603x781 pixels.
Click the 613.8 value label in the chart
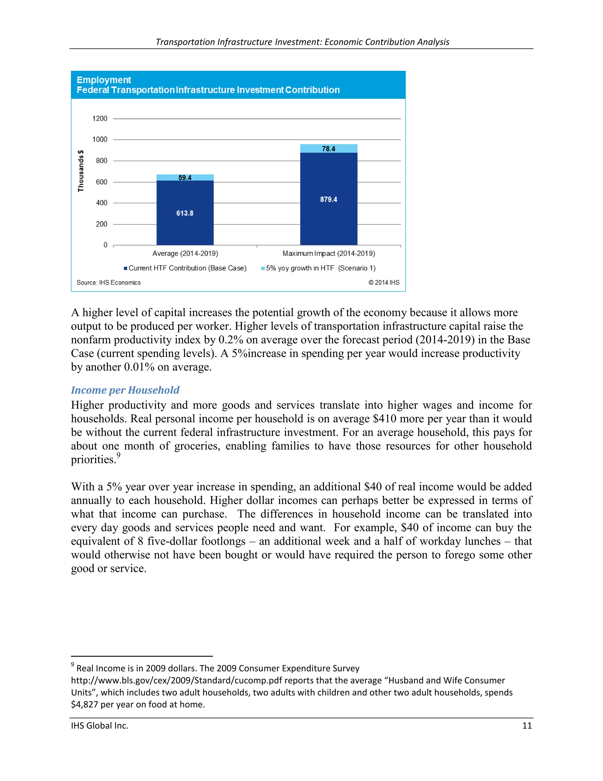point(185,213)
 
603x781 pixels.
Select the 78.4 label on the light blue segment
point(328,149)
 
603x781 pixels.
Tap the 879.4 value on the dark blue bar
point(328,200)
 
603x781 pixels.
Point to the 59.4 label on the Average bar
point(185,178)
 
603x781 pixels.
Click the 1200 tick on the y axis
point(100,118)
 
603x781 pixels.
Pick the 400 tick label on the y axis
point(102,203)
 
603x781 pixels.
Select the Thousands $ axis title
point(81,171)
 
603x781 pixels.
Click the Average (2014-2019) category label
point(185,253)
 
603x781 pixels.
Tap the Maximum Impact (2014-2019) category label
point(329,253)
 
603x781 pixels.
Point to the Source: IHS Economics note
point(109,283)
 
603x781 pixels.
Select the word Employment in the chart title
point(104,80)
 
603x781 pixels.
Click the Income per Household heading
point(125,390)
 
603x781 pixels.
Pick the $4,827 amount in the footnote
point(84,704)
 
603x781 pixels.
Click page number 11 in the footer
point(527,726)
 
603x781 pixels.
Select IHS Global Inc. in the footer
point(100,726)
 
